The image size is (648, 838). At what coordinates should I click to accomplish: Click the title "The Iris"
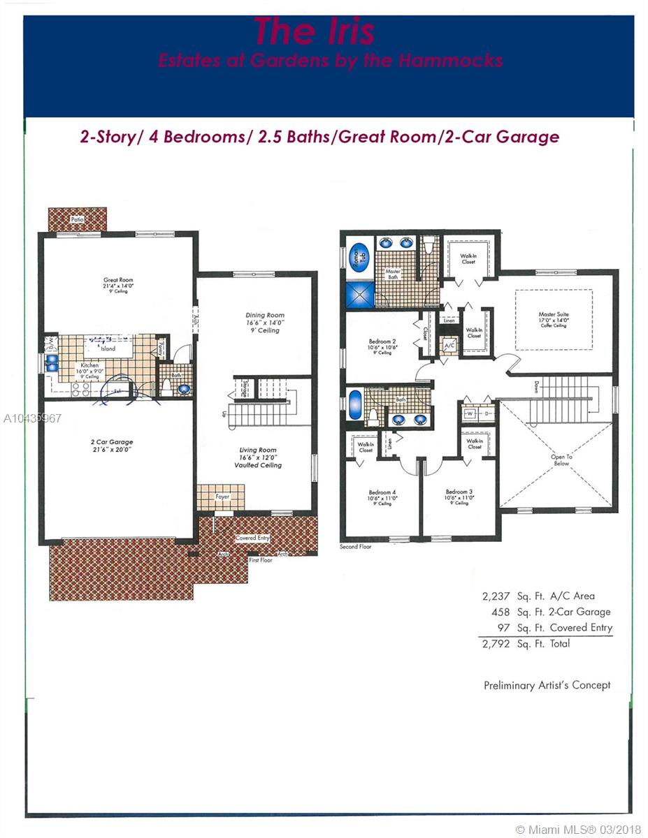(x=314, y=31)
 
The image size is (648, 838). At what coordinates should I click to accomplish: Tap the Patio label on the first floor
(x=77, y=219)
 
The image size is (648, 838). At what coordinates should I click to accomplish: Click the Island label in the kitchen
(x=108, y=348)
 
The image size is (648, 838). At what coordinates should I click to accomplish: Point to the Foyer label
(x=222, y=497)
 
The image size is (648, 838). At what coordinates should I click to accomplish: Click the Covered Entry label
(x=252, y=538)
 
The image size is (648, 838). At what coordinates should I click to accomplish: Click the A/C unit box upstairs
(x=447, y=345)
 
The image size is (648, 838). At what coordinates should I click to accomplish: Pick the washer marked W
(x=469, y=413)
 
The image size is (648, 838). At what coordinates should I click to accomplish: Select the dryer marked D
(x=486, y=413)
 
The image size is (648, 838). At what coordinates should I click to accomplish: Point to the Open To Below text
(x=561, y=460)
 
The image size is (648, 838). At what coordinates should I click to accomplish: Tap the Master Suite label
(x=553, y=315)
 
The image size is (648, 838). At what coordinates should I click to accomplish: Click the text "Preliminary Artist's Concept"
(x=547, y=685)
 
